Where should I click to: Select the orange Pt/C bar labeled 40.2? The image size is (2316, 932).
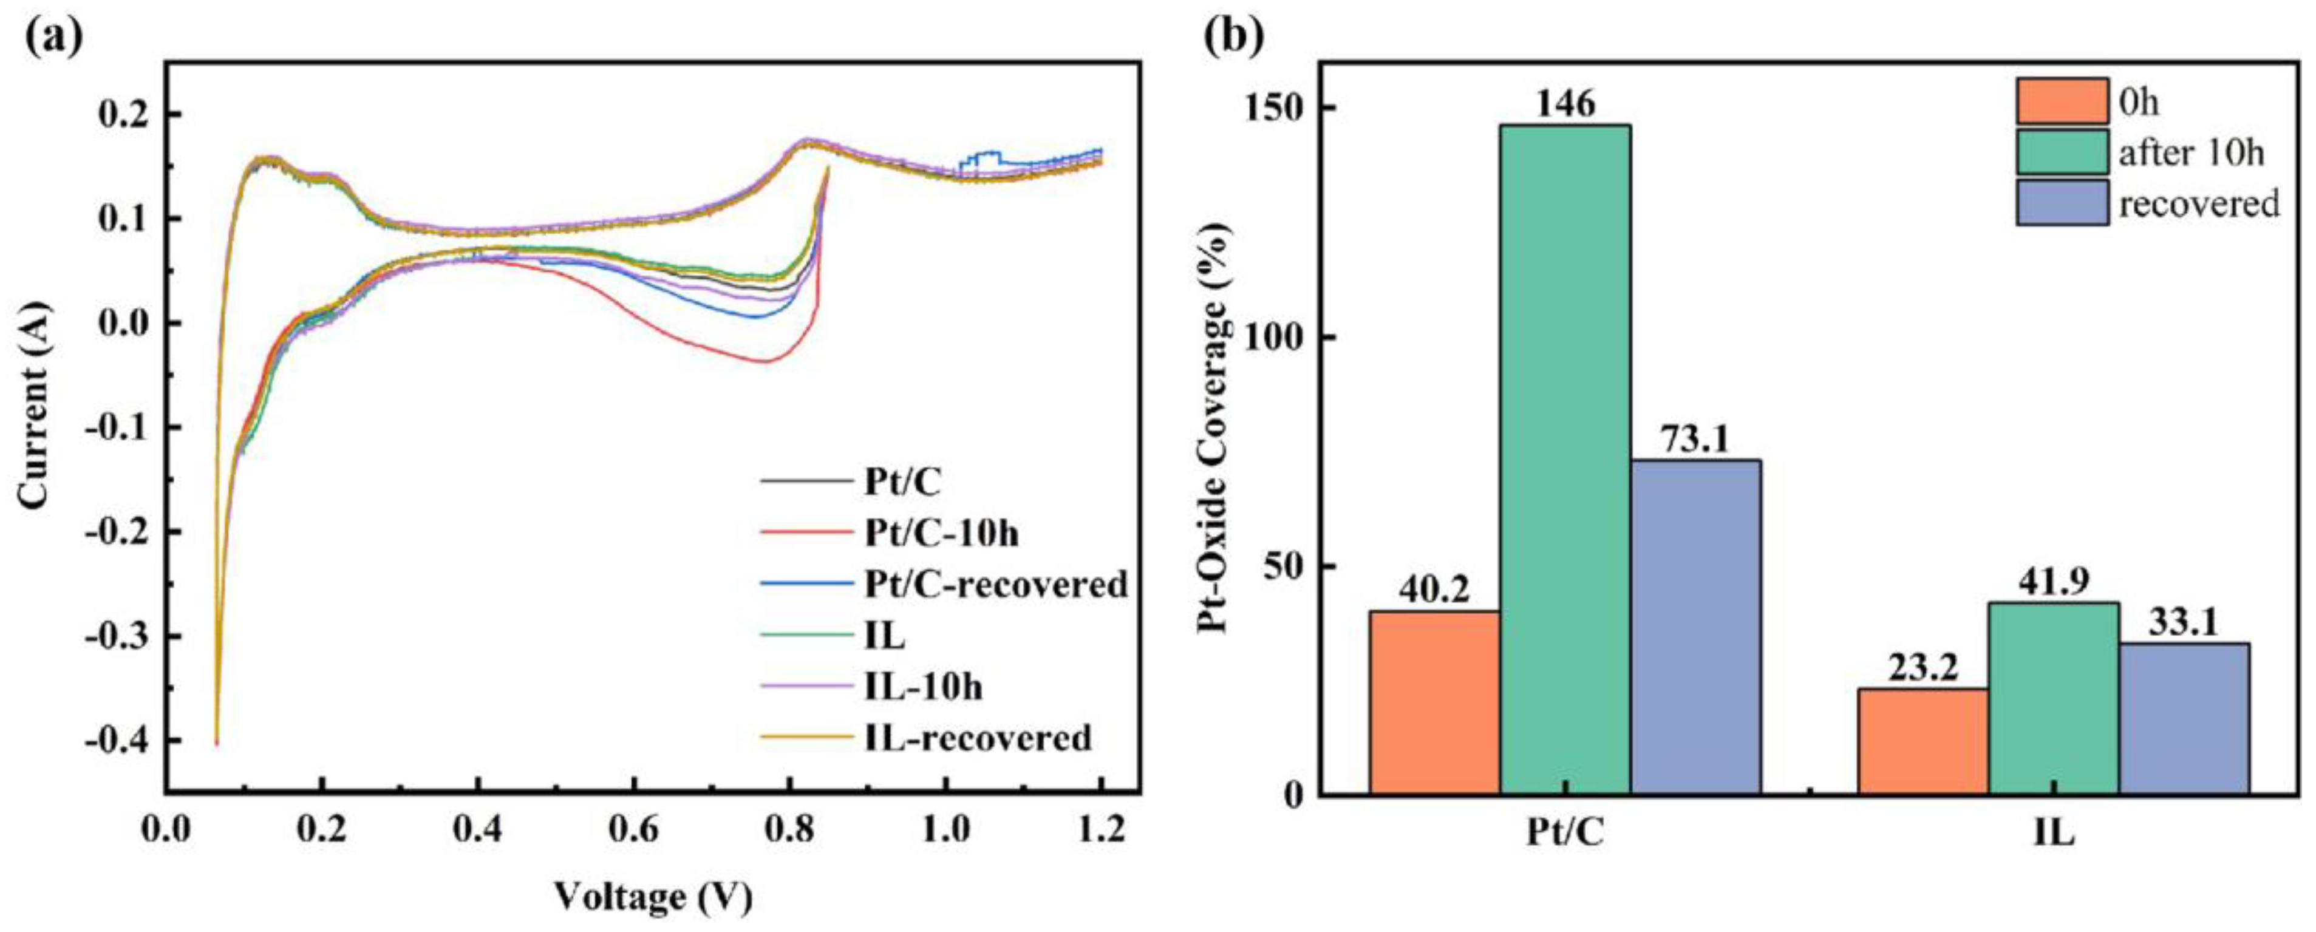click(x=1435, y=703)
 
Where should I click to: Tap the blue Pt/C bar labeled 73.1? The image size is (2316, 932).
click(x=1695, y=627)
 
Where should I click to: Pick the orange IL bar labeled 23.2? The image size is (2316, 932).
click(x=1923, y=741)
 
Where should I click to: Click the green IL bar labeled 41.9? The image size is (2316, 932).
click(x=2054, y=698)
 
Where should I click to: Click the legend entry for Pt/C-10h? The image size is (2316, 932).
click(x=941, y=534)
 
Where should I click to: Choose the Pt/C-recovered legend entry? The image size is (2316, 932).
click(x=995, y=585)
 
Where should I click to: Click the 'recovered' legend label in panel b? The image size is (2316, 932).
click(x=2199, y=204)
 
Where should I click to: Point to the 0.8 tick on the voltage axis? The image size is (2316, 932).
click(x=788, y=829)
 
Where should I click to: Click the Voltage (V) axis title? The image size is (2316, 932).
click(x=653, y=897)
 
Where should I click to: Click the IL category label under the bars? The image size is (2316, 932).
click(x=2054, y=833)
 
